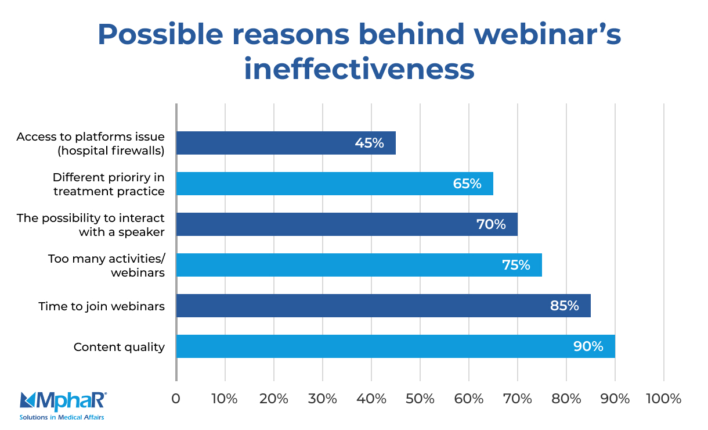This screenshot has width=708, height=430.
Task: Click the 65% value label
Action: click(467, 184)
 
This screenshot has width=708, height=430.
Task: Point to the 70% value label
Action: click(491, 224)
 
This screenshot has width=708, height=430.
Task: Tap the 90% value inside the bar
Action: click(588, 346)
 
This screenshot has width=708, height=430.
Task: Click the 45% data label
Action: click(370, 143)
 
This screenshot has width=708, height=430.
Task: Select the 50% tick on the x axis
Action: click(420, 399)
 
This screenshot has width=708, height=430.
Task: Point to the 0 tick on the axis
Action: click(176, 399)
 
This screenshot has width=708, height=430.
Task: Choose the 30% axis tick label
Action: click(323, 399)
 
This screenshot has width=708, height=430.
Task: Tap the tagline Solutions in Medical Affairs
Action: click(62, 417)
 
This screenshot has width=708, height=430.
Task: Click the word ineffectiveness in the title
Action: click(359, 69)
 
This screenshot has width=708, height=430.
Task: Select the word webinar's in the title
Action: click(548, 35)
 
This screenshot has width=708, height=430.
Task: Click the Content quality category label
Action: click(119, 347)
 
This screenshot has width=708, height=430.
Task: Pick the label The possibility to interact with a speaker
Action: click(91, 224)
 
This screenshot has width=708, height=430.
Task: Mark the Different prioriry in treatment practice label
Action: click(109, 184)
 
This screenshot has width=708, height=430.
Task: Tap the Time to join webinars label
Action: click(102, 306)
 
